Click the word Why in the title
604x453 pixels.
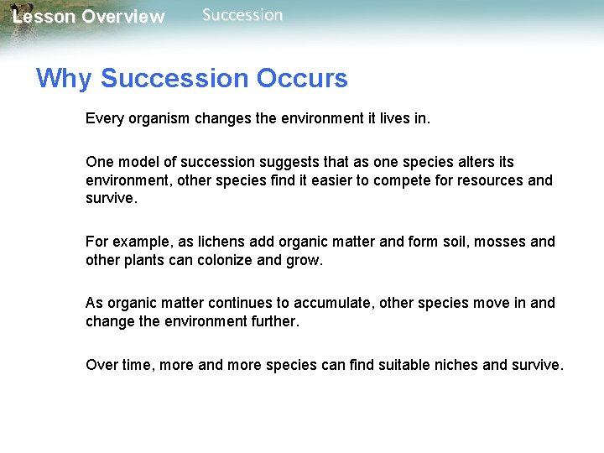tap(65, 79)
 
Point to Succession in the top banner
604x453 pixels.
tap(242, 15)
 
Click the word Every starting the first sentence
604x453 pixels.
tap(103, 119)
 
